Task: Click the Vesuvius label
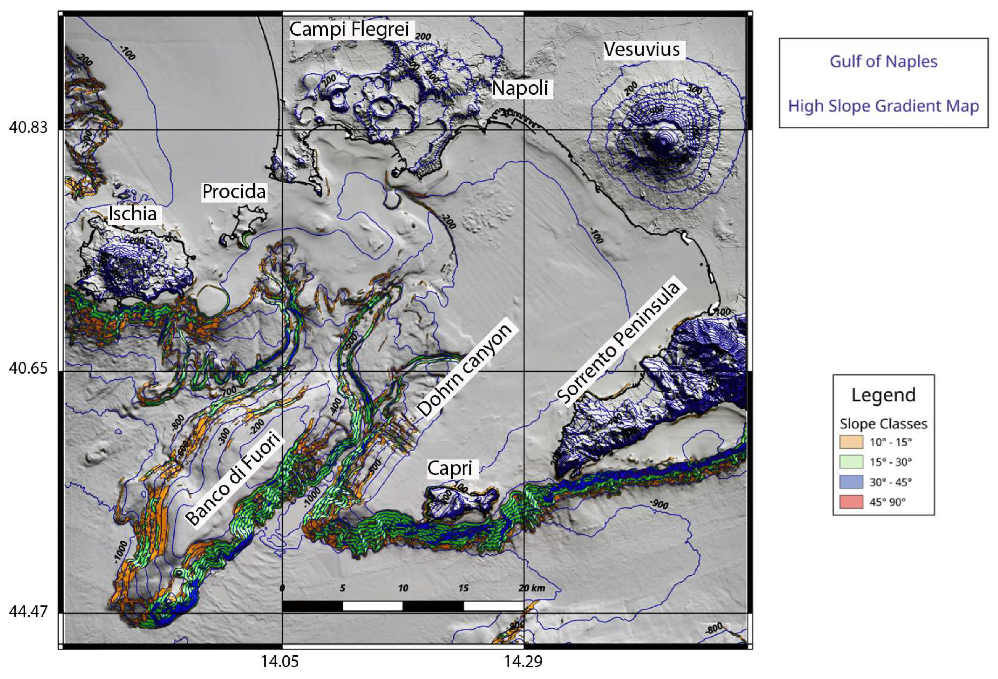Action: pos(642,49)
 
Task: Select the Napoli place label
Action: pos(520,88)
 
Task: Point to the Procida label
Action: pos(234,192)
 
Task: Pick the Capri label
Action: pos(450,469)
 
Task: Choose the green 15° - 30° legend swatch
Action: pos(851,462)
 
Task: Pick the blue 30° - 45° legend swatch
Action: pos(851,482)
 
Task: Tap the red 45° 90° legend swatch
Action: pos(851,501)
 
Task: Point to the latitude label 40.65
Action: pos(28,368)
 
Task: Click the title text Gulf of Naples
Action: pos(883,62)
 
